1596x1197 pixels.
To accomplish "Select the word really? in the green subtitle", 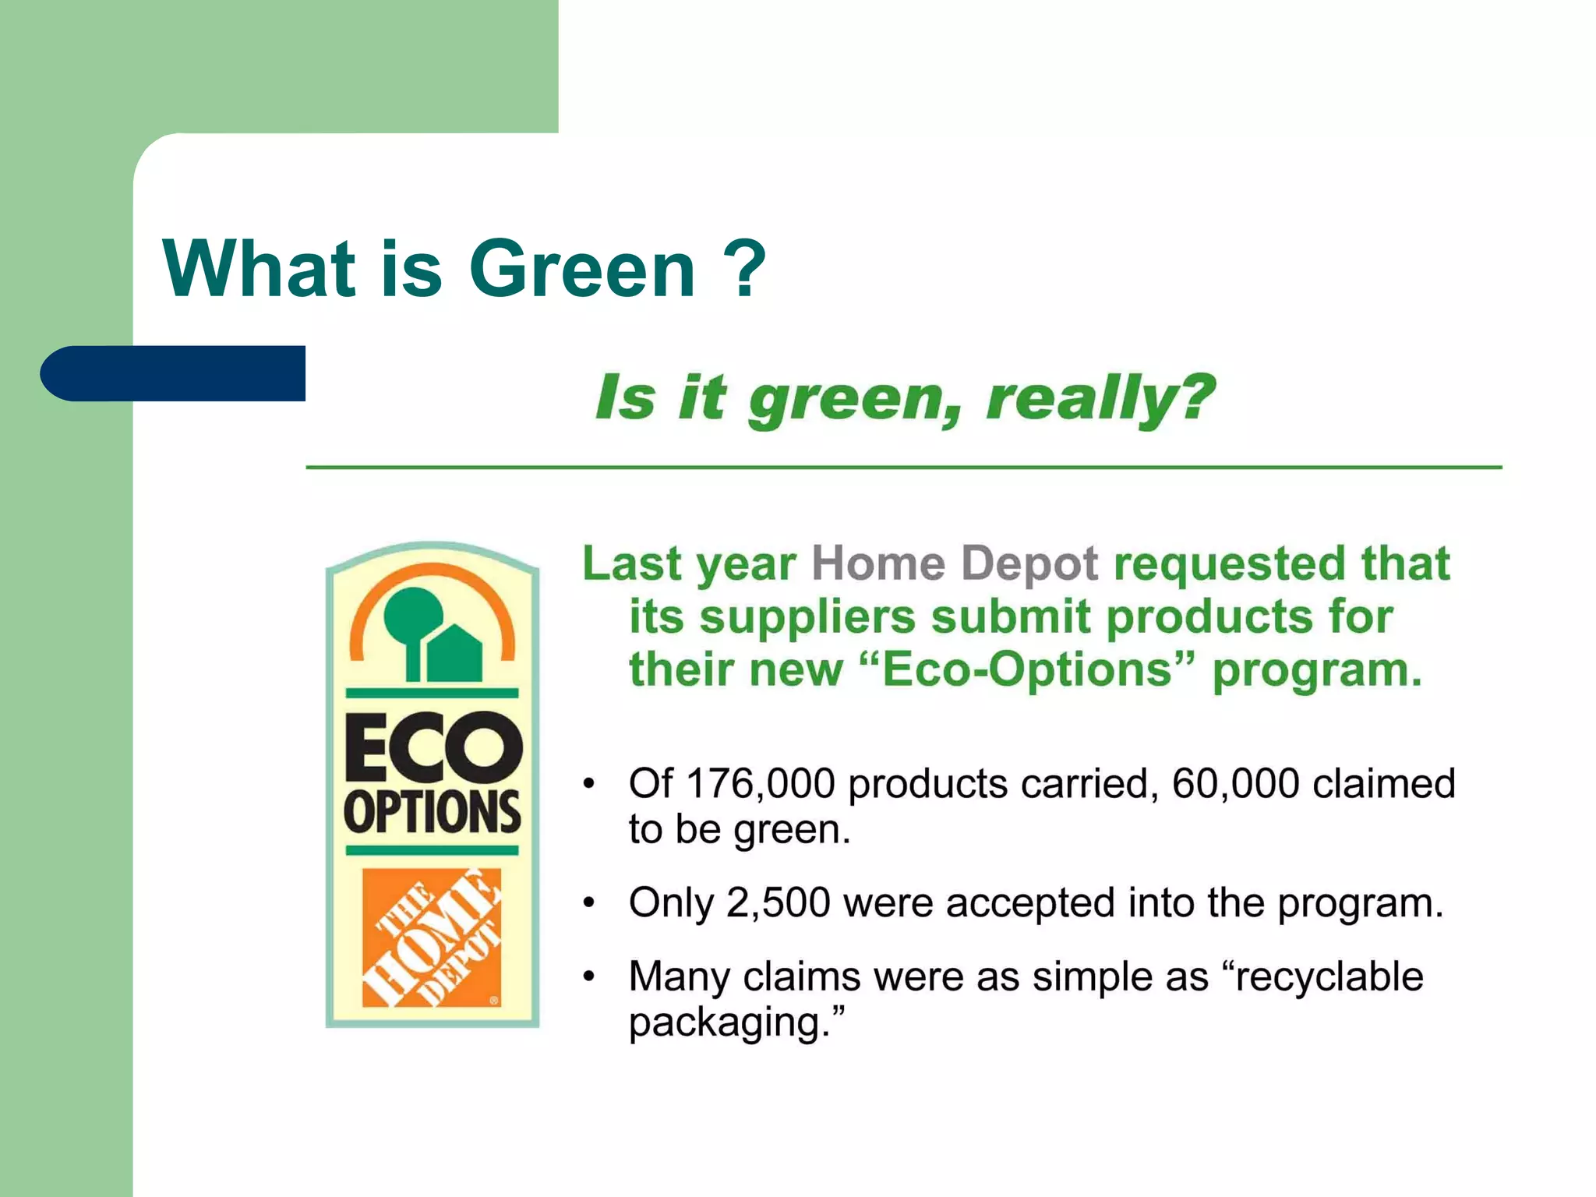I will [1100, 398].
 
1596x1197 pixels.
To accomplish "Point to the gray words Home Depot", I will [955, 563].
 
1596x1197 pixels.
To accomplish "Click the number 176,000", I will [761, 783].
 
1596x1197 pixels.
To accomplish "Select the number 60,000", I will [1235, 783].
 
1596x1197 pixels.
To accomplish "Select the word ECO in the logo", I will [433, 747].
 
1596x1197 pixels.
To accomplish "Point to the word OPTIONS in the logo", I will [433, 812].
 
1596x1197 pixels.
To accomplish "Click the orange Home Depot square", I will [432, 937].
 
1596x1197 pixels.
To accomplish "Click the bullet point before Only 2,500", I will [590, 903].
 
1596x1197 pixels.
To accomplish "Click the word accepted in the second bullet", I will [1029, 902].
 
